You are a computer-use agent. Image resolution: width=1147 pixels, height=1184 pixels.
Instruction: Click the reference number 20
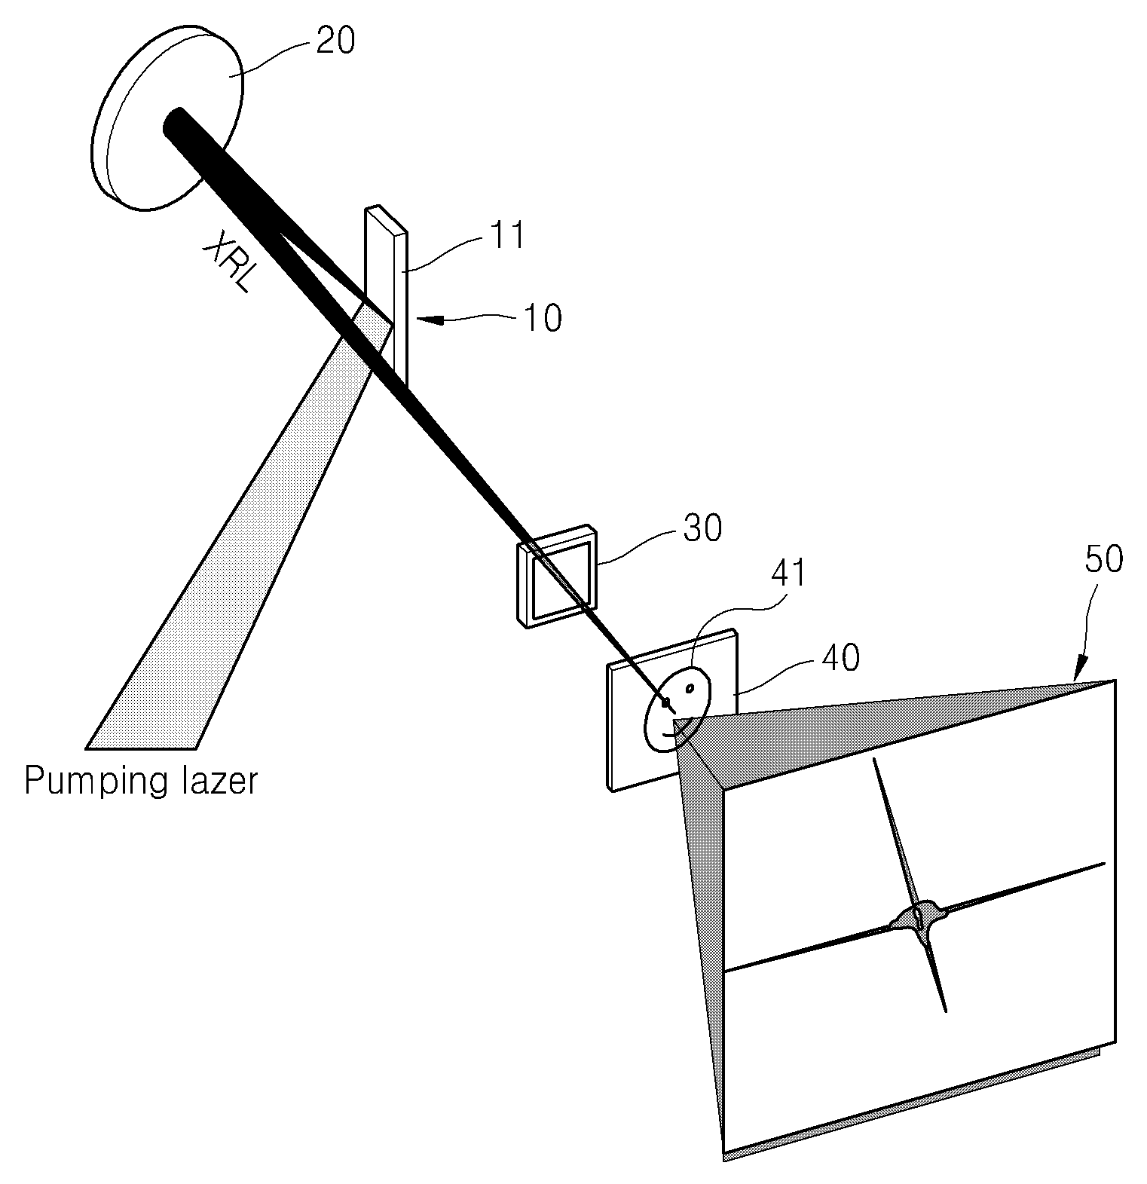click(x=335, y=41)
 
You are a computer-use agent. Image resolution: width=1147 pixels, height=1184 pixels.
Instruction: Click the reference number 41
click(x=788, y=575)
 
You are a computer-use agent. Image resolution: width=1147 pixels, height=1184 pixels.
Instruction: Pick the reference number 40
click(x=840, y=658)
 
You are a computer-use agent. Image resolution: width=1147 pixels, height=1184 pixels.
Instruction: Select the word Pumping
click(x=93, y=782)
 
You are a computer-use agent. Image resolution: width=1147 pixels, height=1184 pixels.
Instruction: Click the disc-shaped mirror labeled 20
click(x=167, y=121)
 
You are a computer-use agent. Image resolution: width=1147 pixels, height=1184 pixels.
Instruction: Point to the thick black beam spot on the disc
click(x=175, y=122)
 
